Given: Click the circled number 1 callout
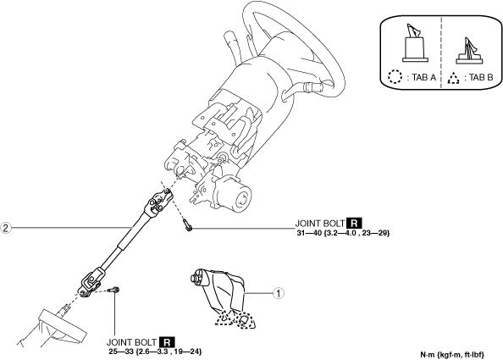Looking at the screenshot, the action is (x=279, y=293).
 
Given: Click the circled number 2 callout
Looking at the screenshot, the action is (x=5, y=228).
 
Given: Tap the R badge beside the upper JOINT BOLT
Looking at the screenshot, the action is (x=354, y=224).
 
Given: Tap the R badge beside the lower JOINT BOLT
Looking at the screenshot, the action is (x=167, y=342).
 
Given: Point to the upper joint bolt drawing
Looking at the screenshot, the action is (x=187, y=224).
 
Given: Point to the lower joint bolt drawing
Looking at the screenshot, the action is (x=113, y=290).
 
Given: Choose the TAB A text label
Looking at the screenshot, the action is (x=423, y=77).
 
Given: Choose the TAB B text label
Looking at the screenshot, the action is (x=480, y=77).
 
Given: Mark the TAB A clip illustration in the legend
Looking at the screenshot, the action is (x=416, y=43).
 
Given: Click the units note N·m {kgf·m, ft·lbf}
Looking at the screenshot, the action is (x=452, y=355).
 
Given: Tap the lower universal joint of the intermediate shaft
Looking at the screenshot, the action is (x=91, y=283).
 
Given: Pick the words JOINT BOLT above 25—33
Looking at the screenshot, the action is (x=131, y=342).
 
